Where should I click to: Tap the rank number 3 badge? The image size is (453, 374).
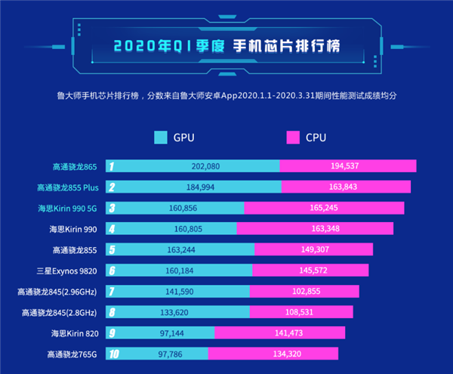(111, 208)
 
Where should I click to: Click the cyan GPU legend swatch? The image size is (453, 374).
(161, 138)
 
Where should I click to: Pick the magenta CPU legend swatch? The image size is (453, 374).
(294, 138)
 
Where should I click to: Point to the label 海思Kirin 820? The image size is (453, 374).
(73, 332)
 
